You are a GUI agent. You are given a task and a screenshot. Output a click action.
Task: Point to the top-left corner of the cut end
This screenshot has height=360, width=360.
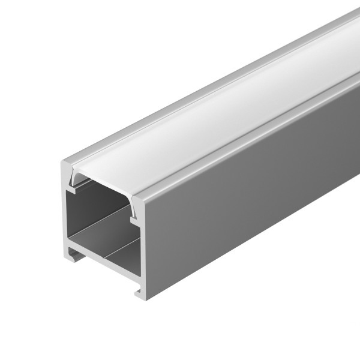[62, 161]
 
